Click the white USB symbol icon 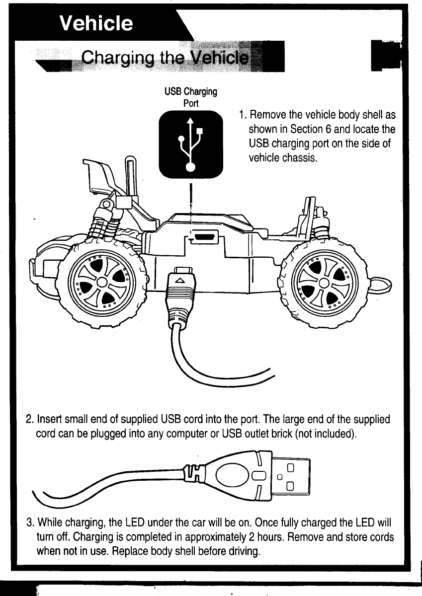[191, 144]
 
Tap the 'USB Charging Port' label [191, 97]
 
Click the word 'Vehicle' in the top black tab [96, 23]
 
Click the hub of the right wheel [323, 283]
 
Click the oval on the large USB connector [232, 474]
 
